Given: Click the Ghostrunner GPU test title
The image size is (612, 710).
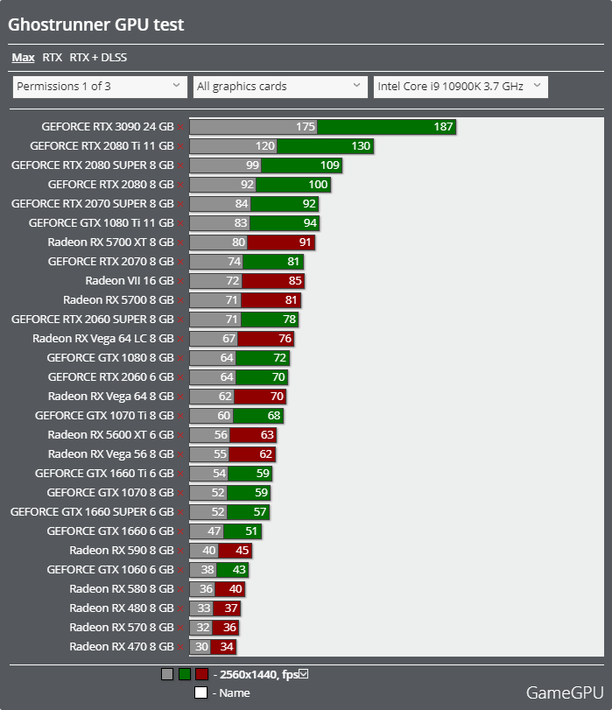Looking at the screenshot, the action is pos(96,25).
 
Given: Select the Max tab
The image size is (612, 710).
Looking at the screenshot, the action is pos(23,58).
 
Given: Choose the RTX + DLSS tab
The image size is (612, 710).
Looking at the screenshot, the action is pos(98,58).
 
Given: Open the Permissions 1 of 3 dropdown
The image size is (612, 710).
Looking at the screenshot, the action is pos(100,87).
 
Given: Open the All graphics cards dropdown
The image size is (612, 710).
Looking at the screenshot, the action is pos(280,87).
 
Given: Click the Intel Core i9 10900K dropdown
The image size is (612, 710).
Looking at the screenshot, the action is pos(461,87).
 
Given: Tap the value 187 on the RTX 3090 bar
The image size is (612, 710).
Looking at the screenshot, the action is pos(443,127).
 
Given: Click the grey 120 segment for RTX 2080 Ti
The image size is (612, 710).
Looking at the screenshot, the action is pos(233,146).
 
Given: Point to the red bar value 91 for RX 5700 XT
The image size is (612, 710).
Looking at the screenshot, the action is pos(305,243).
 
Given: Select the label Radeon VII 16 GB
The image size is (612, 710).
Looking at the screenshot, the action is pos(130,281).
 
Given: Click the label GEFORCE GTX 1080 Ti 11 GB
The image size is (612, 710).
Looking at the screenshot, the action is pos(101,222).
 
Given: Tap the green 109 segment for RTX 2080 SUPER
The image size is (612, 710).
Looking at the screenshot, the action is pos(301,165).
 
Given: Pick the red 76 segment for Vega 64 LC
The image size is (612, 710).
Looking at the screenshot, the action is pos(266,338).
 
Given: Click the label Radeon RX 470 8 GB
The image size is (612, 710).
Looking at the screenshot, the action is pos(122,647).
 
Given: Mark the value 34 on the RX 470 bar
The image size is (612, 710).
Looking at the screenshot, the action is pos(227,647).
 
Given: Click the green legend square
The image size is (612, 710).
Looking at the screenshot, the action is pos(185,674).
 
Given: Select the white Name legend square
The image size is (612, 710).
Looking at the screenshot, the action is pos(200,692).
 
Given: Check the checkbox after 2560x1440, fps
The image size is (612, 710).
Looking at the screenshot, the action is pos(304,674).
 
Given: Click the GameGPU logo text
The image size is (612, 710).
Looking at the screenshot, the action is pos(565,692).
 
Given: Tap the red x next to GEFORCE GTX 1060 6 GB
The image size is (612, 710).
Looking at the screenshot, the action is pos(180,570).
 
